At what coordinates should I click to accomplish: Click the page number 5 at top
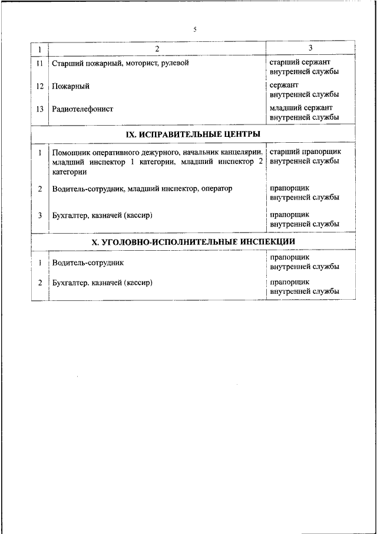[194, 29]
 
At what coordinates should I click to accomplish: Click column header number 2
[157, 49]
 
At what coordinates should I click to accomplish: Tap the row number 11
[40, 63]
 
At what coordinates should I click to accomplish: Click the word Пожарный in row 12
[71, 86]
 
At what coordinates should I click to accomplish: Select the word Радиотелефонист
[82, 109]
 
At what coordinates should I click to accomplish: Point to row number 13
[40, 109]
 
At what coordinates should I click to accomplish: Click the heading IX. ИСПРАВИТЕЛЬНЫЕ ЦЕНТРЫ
[194, 135]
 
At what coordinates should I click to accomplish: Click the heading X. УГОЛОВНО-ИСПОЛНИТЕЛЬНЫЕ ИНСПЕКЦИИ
[194, 243]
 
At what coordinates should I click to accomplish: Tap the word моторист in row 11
[140, 63]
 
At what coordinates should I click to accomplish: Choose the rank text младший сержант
[301, 108]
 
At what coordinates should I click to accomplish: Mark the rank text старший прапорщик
[305, 152]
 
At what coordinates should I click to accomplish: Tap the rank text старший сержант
[300, 61]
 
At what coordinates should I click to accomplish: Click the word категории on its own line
[69, 172]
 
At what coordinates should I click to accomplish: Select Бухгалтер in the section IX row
[70, 215]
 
